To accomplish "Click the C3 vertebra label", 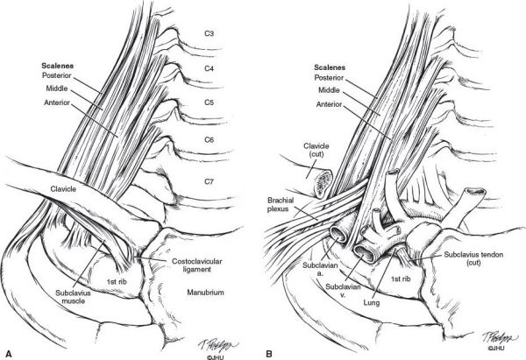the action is tap(209, 33).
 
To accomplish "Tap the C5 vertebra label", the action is tap(209, 102).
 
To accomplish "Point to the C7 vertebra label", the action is tap(209, 181).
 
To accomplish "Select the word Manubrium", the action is tap(205, 293).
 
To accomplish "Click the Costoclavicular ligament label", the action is tap(197, 265).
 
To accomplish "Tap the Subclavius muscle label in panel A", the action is tap(73, 297).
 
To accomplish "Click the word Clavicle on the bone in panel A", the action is tap(63, 189).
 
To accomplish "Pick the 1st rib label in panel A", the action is tap(117, 282).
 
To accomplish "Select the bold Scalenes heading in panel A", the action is tap(57, 66).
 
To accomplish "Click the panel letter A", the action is tap(9, 354).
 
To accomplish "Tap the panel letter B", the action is tap(269, 354).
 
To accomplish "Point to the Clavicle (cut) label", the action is tap(316, 150).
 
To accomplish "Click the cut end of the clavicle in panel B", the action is tap(323, 182).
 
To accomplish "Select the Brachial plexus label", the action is tap(281, 204).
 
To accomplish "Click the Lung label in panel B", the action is tap(372, 303).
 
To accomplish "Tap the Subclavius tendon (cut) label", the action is tap(473, 258).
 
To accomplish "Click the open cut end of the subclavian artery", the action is tap(338, 234).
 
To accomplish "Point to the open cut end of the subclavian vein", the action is tap(365, 252).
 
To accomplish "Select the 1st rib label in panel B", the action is tap(401, 279).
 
